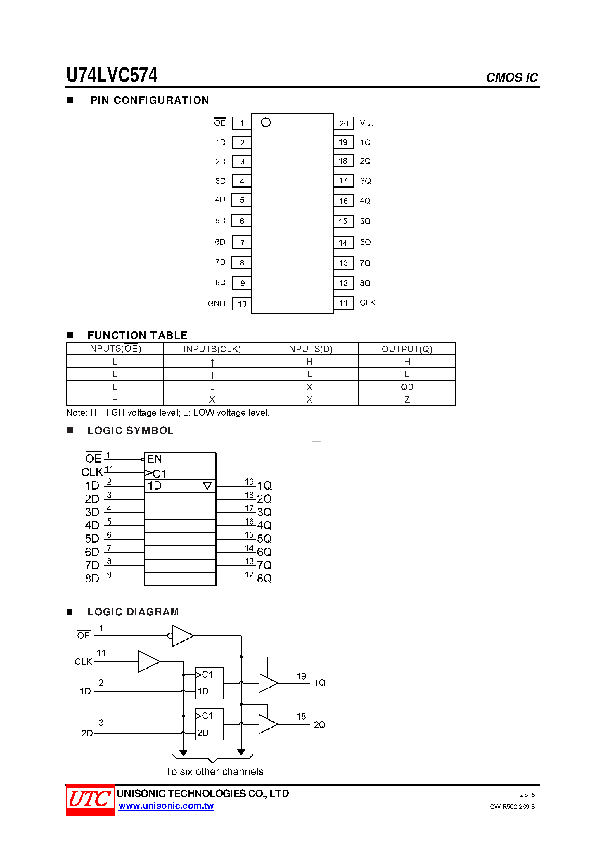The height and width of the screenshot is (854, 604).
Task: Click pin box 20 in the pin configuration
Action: click(x=344, y=124)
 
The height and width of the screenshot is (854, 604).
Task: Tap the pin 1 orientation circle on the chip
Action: click(x=266, y=122)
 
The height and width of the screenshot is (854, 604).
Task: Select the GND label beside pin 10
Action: click(x=216, y=303)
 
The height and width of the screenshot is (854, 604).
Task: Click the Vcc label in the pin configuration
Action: click(x=366, y=123)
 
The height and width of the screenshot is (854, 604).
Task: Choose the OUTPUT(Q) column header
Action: click(x=407, y=349)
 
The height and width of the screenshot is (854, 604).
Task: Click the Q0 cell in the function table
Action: click(x=407, y=387)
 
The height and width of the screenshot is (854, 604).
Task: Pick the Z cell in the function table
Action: click(x=407, y=400)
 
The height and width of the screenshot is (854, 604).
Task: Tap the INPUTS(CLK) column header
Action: click(x=212, y=349)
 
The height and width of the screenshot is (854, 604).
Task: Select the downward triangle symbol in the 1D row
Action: click(x=207, y=486)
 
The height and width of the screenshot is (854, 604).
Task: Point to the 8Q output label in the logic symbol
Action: click(x=264, y=578)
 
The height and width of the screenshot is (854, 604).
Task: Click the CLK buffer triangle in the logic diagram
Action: click(x=148, y=661)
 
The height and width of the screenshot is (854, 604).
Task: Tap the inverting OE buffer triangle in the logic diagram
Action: click(x=182, y=636)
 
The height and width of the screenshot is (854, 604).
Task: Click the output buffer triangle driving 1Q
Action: click(x=267, y=683)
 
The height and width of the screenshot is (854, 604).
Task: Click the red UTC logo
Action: click(x=90, y=800)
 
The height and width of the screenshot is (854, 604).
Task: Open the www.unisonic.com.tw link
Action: click(x=166, y=806)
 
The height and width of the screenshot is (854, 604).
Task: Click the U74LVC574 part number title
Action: click(x=112, y=75)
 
